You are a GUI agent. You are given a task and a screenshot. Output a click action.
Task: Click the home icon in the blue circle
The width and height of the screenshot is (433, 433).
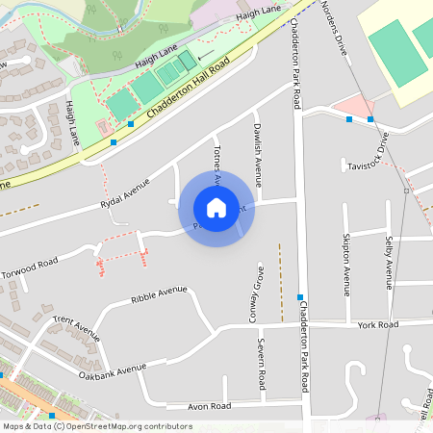216,207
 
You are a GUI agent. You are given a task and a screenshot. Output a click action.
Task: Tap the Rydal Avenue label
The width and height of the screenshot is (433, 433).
126,192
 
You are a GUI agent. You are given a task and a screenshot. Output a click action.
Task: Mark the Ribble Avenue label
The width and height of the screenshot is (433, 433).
159,293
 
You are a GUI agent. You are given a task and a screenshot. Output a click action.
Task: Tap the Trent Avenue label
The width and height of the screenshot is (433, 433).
76,327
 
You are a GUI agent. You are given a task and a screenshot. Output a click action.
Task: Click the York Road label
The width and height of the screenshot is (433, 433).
377,325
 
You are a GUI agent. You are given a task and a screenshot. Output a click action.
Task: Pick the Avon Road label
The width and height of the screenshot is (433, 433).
210,407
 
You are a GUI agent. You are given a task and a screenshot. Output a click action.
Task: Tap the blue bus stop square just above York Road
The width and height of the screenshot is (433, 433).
301,296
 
